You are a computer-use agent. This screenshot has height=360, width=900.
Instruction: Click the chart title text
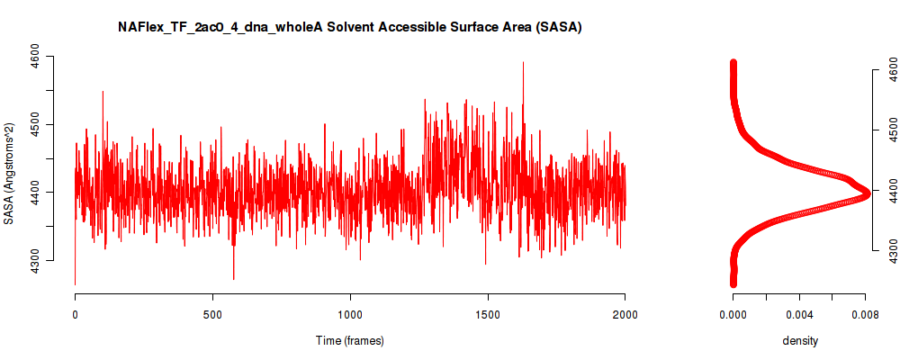(x=350, y=28)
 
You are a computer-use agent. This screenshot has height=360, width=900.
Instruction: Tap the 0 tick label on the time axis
(x=76, y=314)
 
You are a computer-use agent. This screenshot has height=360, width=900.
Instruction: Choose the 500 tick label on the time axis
(x=212, y=314)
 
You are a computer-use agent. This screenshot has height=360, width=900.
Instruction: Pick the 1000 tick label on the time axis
(x=350, y=314)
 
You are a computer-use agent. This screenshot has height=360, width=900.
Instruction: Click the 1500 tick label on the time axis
(x=487, y=314)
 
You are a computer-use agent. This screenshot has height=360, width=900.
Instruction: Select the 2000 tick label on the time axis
(x=625, y=314)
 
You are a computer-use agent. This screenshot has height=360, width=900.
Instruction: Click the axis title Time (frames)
(x=350, y=340)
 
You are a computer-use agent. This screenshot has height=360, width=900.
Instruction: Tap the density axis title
(x=800, y=341)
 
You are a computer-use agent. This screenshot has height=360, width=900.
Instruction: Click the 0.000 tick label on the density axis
(x=733, y=314)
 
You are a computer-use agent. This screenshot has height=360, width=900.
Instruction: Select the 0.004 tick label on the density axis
(x=799, y=314)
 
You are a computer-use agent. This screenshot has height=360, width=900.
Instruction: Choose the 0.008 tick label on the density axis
(x=865, y=314)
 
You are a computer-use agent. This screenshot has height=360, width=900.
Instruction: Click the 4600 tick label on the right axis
(x=891, y=70)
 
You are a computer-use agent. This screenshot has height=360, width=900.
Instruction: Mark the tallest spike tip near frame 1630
(x=523, y=62)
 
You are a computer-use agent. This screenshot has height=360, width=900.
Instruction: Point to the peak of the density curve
(x=866, y=193)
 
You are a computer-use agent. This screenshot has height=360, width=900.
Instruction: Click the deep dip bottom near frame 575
(x=234, y=279)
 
